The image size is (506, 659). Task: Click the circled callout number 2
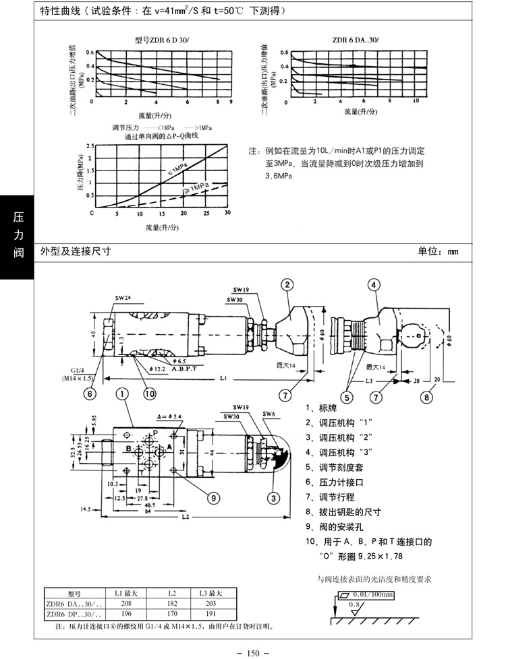[287, 285]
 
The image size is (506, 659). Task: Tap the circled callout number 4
[373, 285]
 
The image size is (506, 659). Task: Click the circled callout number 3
[273, 499]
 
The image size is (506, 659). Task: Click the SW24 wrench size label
[123, 297]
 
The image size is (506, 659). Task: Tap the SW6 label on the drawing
[268, 413]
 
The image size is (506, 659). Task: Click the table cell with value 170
[171, 615]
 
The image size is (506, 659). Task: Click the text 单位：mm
[438, 251]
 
